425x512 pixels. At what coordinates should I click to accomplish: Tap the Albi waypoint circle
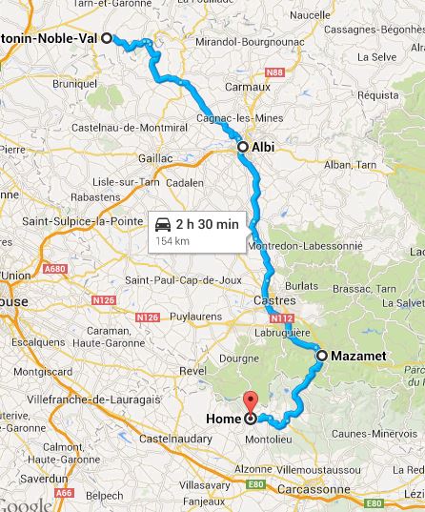tap(243, 148)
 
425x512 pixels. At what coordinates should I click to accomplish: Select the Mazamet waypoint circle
tap(322, 356)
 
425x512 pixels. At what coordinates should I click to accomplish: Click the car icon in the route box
tap(163, 225)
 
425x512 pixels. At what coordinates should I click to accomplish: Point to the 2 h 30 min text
tap(207, 224)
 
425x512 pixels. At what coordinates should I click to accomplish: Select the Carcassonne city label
tap(318, 489)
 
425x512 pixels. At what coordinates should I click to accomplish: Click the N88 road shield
tap(274, 72)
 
